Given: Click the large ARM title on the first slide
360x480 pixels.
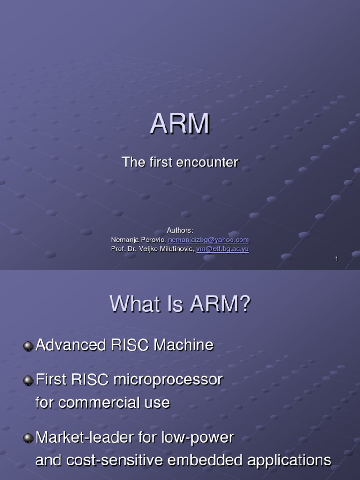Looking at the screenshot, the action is pos(180,123).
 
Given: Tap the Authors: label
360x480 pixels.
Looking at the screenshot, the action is pos(180,230).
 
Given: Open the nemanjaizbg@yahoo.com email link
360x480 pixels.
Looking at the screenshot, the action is pos(209,240).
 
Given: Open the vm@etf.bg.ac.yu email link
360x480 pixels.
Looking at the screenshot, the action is pos(223,249).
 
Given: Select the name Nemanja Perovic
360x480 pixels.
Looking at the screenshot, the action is pos(138,240).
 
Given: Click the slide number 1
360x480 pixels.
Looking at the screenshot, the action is pos(337,259).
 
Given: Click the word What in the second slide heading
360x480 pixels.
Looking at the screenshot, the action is pos(135,304).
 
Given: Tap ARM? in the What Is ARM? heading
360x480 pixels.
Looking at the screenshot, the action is pos(220,304).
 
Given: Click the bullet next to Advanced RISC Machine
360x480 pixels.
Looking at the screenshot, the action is pos(28,346).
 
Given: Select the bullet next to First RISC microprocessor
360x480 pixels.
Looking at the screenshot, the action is pos(28,381).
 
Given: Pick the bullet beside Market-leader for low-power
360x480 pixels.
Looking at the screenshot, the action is pos(28,438).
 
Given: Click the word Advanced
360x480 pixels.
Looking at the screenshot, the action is pos(71,345).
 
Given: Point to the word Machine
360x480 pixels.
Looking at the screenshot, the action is pos(183,345).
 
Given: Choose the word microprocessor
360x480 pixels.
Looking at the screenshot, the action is pos(168,380).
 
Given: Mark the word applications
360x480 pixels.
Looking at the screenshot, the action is pos(289,460).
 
